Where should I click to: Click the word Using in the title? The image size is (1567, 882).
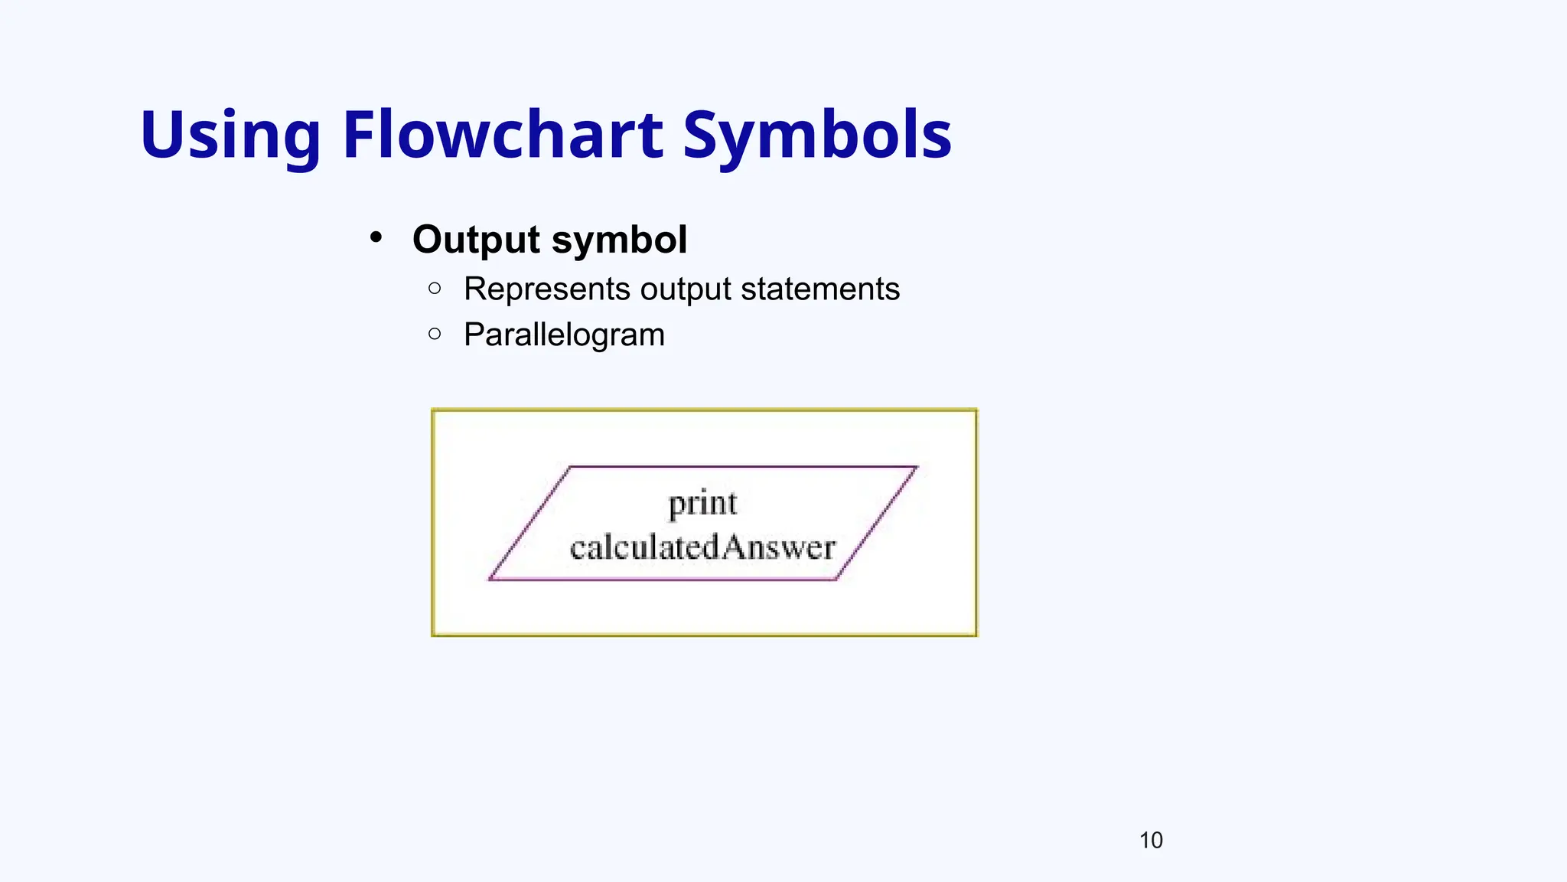tap(230, 136)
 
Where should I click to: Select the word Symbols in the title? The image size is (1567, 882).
tap(816, 136)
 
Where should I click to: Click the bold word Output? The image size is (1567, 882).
tap(477, 240)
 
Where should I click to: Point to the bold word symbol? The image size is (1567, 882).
tap(619, 240)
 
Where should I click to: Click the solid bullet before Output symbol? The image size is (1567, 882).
tap(376, 237)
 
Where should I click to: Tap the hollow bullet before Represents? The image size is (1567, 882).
tap(435, 288)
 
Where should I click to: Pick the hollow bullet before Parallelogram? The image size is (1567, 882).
tap(435, 334)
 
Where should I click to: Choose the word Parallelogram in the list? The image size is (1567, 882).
tap(564, 335)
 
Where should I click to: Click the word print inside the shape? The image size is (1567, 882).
tap(702, 505)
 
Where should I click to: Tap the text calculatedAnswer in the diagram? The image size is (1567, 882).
tap(702, 547)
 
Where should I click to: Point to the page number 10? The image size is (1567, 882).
tap(1151, 841)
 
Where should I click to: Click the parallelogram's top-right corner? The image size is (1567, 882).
tap(917, 466)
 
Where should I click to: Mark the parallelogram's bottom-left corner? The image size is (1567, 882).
tap(490, 580)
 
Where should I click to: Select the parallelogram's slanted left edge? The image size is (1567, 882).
tap(530, 523)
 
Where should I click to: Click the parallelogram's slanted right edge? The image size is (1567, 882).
tap(877, 523)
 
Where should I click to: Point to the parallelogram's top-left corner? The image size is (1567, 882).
tap(571, 466)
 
